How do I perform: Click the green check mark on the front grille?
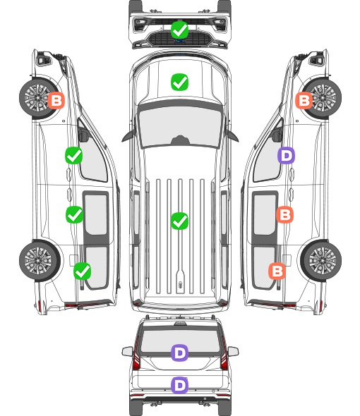pyautogui.click(x=180, y=30)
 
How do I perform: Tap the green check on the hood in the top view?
pyautogui.click(x=180, y=82)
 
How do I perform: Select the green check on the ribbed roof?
pyautogui.click(x=180, y=221)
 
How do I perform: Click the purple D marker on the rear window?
pyautogui.click(x=180, y=353)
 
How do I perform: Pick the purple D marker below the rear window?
pyautogui.click(x=180, y=385)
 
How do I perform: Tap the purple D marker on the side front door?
pyautogui.click(x=286, y=155)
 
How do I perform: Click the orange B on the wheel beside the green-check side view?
pyautogui.click(x=56, y=100)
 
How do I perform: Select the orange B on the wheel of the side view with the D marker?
pyautogui.click(x=304, y=100)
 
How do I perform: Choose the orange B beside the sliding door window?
pyautogui.click(x=284, y=214)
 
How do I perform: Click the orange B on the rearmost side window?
pyautogui.click(x=277, y=271)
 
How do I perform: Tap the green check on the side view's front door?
pyautogui.click(x=74, y=155)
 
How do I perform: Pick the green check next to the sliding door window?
pyautogui.click(x=74, y=214)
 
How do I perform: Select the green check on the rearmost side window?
pyautogui.click(x=83, y=271)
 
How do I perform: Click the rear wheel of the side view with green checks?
pyautogui.click(x=40, y=261)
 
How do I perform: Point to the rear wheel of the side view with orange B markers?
pyautogui.click(x=321, y=261)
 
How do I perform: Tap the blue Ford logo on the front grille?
pyautogui.click(x=180, y=41)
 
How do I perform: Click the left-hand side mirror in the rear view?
pyautogui.click(x=127, y=352)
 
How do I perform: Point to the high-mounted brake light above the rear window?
pyautogui.click(x=180, y=324)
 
